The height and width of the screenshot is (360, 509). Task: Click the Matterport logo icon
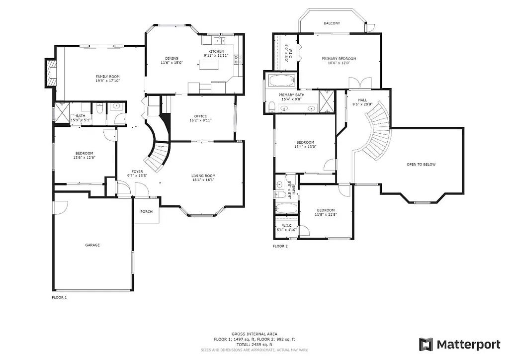pos(426,344)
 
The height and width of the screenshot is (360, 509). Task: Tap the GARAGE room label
pos(92,245)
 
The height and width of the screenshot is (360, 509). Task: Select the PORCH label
pos(147,212)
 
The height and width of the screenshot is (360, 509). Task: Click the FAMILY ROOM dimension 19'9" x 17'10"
pos(108,81)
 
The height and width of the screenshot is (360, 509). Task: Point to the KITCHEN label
pos(216,52)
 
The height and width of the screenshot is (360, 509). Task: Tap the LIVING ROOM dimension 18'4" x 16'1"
pos(203,180)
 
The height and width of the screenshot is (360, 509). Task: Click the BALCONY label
pos(332,23)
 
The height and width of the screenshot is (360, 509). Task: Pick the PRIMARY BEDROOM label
pos(339,59)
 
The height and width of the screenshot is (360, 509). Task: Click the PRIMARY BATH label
pos(291,94)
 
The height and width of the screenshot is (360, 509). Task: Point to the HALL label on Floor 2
pos(362,100)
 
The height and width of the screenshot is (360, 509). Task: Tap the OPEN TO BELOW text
pos(421,165)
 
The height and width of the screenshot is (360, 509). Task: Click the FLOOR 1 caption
pos(59,297)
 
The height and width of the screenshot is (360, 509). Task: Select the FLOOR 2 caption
pos(280,246)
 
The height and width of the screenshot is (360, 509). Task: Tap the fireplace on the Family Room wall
pos(50,73)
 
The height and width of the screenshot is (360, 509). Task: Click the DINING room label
pos(172,58)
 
